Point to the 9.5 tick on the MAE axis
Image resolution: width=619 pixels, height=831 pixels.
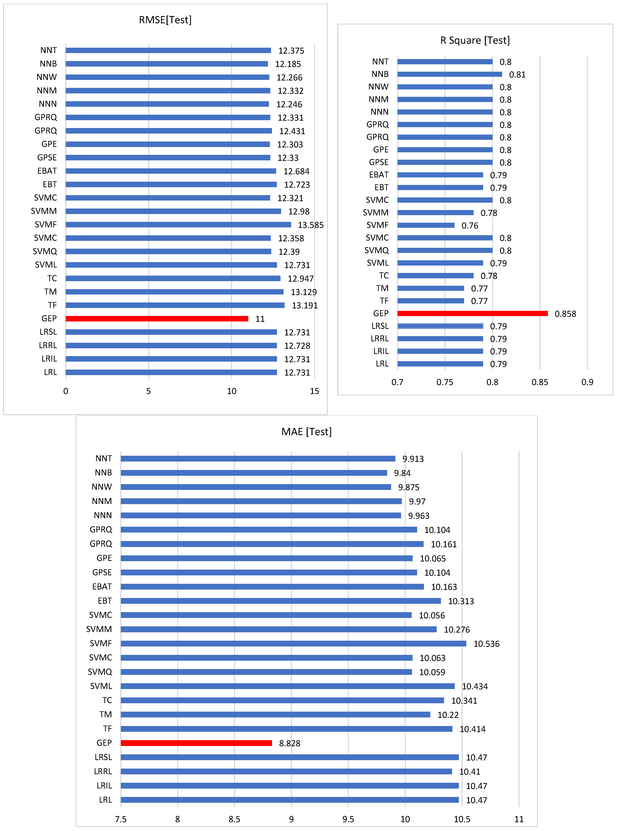tap(348, 819)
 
